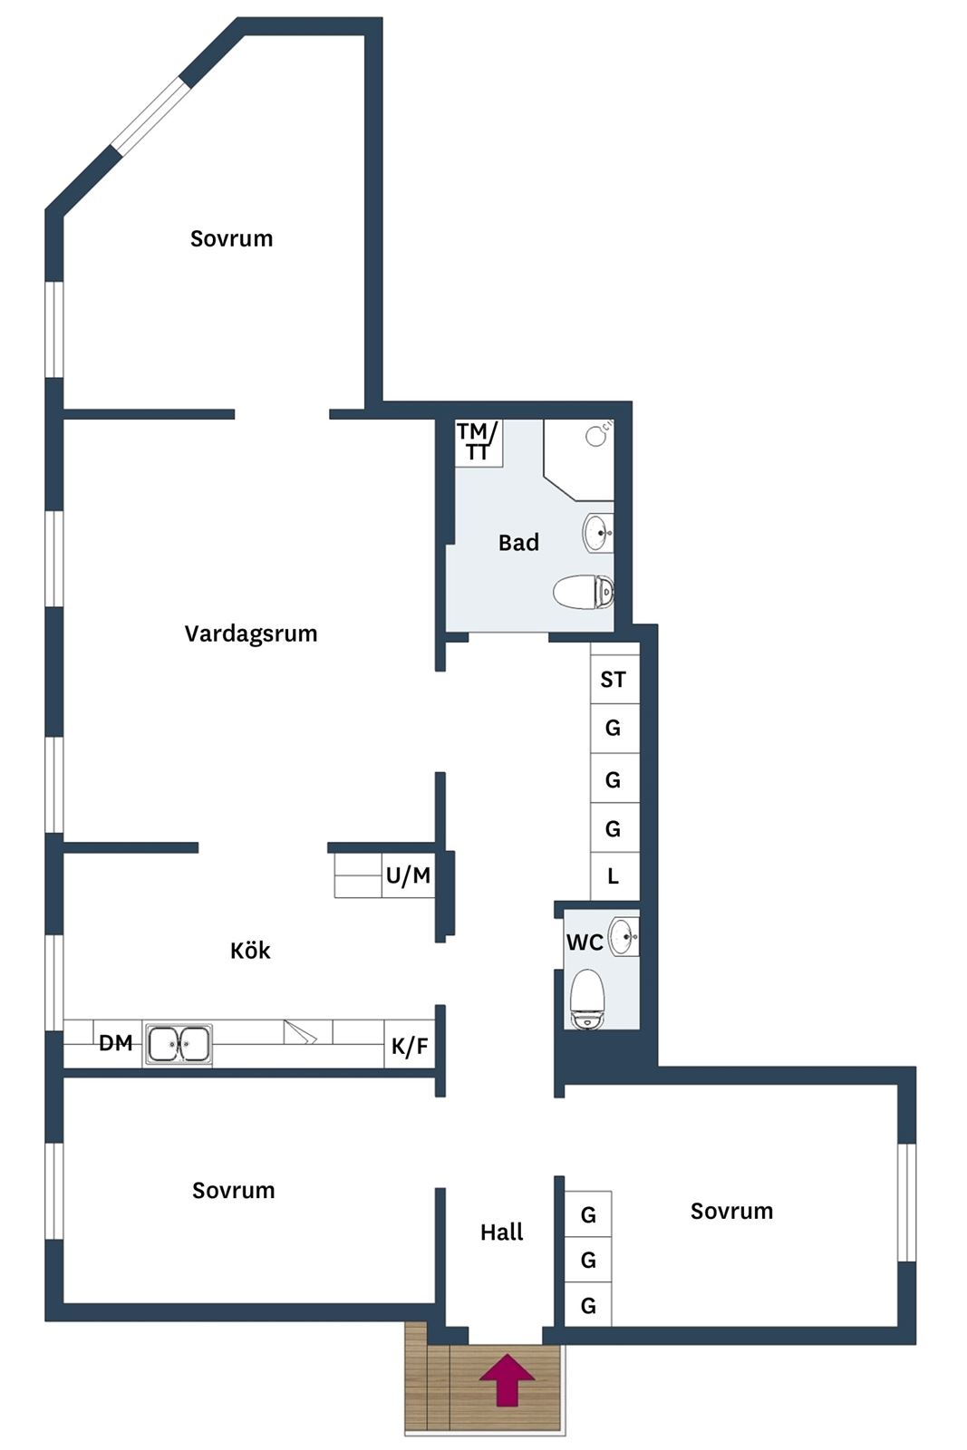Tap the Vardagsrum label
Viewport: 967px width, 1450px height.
point(251,633)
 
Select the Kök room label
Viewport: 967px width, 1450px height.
point(250,951)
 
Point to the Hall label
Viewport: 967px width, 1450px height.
point(501,1232)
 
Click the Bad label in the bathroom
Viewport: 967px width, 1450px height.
point(518,543)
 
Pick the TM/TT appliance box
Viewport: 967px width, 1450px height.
point(479,443)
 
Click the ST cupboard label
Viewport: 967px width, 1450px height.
point(613,680)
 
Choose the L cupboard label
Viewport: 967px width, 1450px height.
point(613,876)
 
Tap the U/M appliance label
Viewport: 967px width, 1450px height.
point(408,875)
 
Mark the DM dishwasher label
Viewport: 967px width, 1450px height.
point(116,1043)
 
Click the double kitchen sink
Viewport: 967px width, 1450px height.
point(178,1044)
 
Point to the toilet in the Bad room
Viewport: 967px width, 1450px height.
point(583,592)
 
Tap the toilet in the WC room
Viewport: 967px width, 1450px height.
point(587,999)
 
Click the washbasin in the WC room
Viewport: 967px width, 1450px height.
point(624,937)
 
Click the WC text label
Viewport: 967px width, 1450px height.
point(585,942)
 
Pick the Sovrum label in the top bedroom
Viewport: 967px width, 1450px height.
point(231,239)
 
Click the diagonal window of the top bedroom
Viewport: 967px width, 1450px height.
point(150,116)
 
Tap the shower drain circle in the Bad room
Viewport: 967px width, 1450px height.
point(595,436)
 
